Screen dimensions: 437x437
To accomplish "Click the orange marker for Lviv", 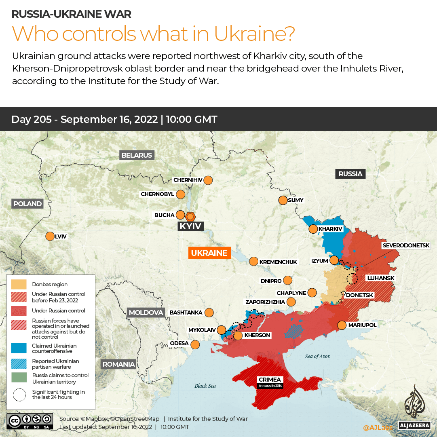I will pyautogui.click(x=50, y=236).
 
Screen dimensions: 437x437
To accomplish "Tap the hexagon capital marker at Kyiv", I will pyautogui.click(x=190, y=216).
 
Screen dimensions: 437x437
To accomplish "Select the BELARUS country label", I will pyautogui.click(x=137, y=155).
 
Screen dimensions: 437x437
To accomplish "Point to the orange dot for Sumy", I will pyautogui.click(x=283, y=200).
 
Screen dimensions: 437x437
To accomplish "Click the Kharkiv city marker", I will pyautogui.click(x=313, y=229).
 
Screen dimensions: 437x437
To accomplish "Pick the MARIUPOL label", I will pyautogui.click(x=362, y=325).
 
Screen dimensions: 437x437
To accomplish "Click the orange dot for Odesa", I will pyautogui.click(x=195, y=345).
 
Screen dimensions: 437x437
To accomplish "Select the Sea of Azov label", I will pyautogui.click(x=318, y=356).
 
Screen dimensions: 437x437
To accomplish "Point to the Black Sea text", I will pyautogui.click(x=205, y=386).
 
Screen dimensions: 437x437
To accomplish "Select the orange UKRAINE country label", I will pyautogui.click(x=209, y=253).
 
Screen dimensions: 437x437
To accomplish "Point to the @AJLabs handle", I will pyautogui.click(x=377, y=427).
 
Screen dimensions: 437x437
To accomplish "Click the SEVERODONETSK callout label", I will pyautogui.click(x=409, y=245).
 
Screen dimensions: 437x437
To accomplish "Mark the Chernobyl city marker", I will pyautogui.click(x=180, y=194).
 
